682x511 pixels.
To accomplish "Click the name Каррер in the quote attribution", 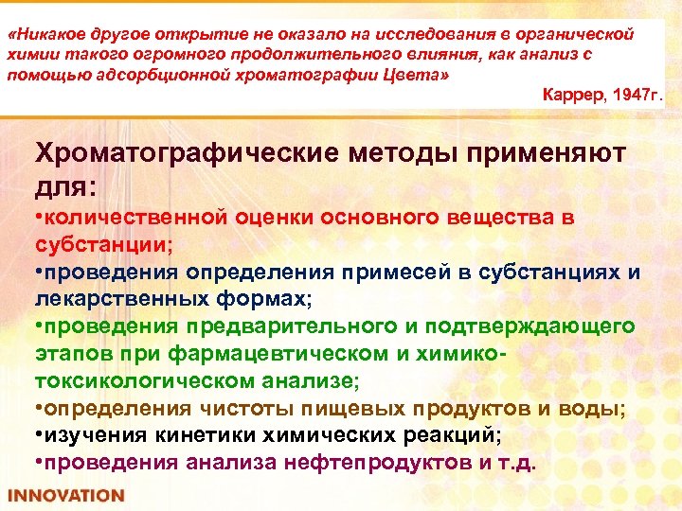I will tap(570, 97).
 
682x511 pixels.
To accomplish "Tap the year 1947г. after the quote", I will tap(637, 97).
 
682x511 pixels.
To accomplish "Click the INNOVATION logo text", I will tap(65, 495).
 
